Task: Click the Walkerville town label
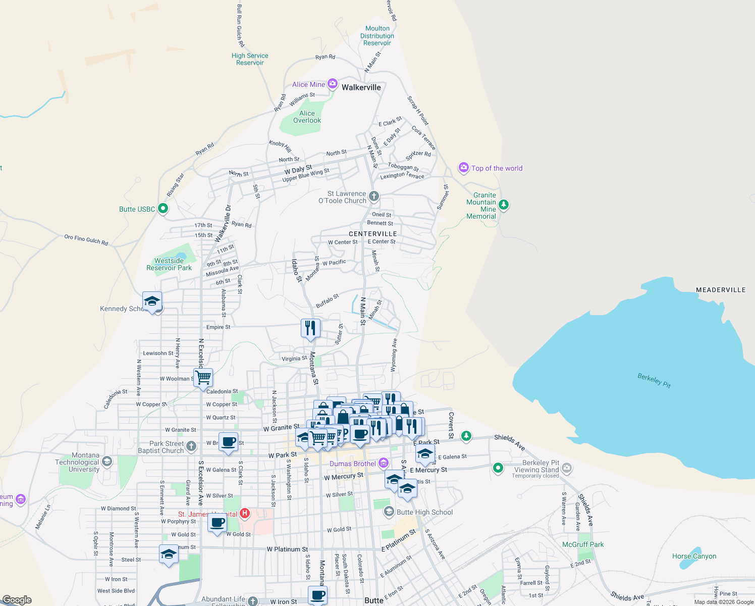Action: [361, 87]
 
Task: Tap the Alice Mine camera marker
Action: [333, 84]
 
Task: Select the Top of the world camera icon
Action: [463, 167]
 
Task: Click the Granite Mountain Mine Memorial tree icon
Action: [503, 205]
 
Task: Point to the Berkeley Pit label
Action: [654, 380]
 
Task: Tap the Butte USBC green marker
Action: [163, 208]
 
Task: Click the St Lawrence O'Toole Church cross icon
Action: [373, 195]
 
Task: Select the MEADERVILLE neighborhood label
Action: [721, 290]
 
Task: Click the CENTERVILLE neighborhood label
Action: [373, 234]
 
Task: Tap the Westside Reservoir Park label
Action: [169, 264]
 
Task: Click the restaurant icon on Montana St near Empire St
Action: [310, 328]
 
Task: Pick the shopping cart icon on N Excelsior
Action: [203, 377]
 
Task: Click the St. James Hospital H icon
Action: [245, 514]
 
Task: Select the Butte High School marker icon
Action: [389, 512]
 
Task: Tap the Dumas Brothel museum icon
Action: [383, 463]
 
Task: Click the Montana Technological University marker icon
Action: [106, 462]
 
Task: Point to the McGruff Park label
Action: [583, 544]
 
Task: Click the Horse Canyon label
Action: [694, 556]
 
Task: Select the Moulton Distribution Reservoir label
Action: [377, 36]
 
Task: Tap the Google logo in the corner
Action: [17, 600]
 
